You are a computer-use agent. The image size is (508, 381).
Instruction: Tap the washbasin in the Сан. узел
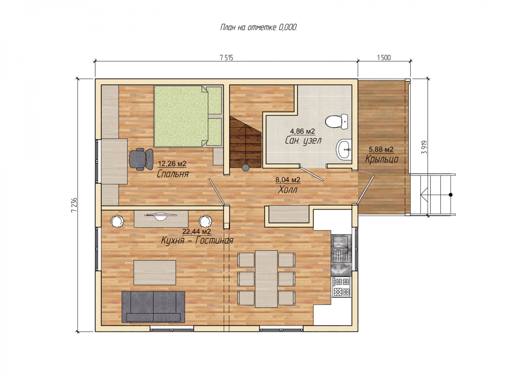click(343, 149)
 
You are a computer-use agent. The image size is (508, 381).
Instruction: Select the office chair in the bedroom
click(141, 159)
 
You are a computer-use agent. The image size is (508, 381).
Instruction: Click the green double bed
click(188, 116)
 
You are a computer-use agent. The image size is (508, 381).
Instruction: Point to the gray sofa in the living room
click(153, 306)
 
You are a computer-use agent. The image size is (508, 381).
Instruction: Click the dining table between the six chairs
click(266, 279)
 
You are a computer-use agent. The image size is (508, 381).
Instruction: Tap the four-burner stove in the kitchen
click(341, 287)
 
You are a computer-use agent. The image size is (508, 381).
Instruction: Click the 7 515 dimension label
click(226, 58)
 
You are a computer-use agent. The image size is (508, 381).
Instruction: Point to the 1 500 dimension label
click(384, 58)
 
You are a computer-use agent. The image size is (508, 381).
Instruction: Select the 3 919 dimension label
click(425, 147)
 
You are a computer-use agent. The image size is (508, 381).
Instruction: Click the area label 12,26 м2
click(172, 164)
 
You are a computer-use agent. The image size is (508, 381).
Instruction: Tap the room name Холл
click(287, 190)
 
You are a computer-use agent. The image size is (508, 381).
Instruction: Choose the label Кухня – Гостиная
click(197, 240)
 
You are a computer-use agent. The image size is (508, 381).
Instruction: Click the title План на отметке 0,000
click(258, 28)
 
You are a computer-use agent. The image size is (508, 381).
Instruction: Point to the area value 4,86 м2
click(302, 131)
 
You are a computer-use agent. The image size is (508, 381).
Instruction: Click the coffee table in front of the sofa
click(155, 273)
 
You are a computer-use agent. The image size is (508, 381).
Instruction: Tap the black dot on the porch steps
click(450, 195)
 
